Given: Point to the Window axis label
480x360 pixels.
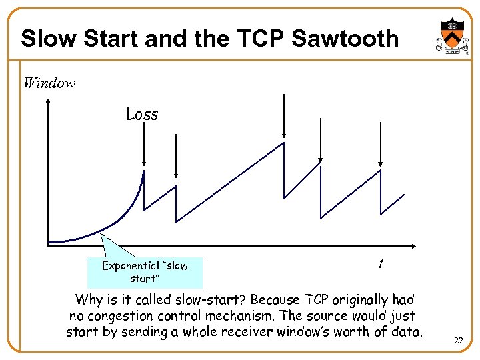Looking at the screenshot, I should tap(49, 83).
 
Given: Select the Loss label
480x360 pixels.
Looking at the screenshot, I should tap(142, 115).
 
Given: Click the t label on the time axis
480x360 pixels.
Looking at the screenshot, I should tap(380, 264).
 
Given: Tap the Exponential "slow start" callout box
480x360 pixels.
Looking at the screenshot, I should tap(145, 271).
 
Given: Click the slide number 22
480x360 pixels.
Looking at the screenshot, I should tap(458, 341).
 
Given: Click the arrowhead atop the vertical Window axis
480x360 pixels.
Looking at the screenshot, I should tap(49, 101).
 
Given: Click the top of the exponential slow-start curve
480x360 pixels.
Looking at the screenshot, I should tap(144, 171).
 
